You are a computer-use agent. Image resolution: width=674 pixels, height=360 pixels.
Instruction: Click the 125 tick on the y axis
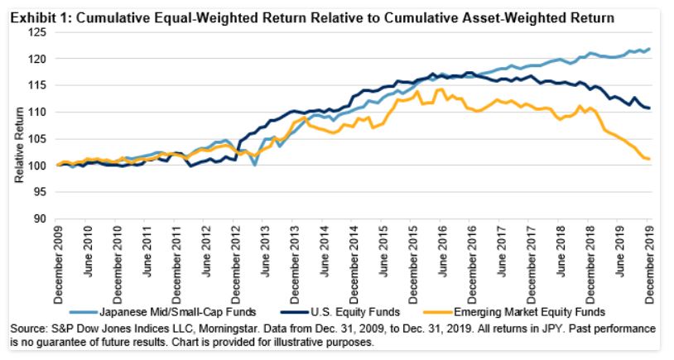click(x=39, y=32)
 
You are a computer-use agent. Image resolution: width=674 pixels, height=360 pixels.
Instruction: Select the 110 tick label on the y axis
click(x=39, y=113)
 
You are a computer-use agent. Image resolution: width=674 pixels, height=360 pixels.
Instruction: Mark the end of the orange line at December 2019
click(x=649, y=159)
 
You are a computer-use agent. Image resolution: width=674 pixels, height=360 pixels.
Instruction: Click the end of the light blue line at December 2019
click(x=649, y=49)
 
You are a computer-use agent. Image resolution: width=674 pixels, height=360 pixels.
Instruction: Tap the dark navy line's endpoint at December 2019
click(x=649, y=108)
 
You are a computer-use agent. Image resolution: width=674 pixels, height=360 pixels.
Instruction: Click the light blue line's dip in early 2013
click(x=256, y=165)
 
